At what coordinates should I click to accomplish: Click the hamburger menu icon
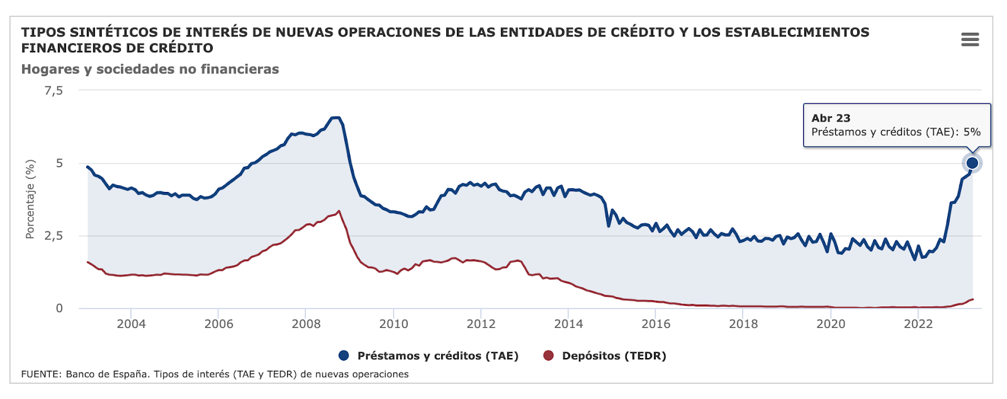tap(970, 40)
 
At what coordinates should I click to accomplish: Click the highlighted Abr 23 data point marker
tap(972, 163)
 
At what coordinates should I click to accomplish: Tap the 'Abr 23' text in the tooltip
tap(830, 118)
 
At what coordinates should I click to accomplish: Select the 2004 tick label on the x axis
tap(131, 324)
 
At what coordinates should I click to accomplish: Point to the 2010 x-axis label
tap(393, 324)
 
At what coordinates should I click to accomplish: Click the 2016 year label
tap(656, 324)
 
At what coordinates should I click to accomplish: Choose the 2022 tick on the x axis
tap(918, 324)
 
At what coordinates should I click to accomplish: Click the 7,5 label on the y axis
tap(53, 91)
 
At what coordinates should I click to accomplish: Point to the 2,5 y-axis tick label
tap(53, 236)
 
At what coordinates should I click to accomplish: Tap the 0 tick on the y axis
tap(59, 308)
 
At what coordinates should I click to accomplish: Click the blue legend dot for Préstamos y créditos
tap(344, 356)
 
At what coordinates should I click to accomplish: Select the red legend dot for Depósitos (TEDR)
tap(548, 356)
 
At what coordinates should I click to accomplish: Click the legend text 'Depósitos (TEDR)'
tap(614, 356)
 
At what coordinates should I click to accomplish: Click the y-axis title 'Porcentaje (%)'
tap(30, 199)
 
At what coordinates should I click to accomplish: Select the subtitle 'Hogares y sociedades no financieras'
tap(150, 69)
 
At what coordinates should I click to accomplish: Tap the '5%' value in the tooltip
tap(972, 132)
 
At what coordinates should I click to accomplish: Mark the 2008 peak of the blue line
tap(335, 118)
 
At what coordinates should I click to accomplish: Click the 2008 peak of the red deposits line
tap(339, 211)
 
